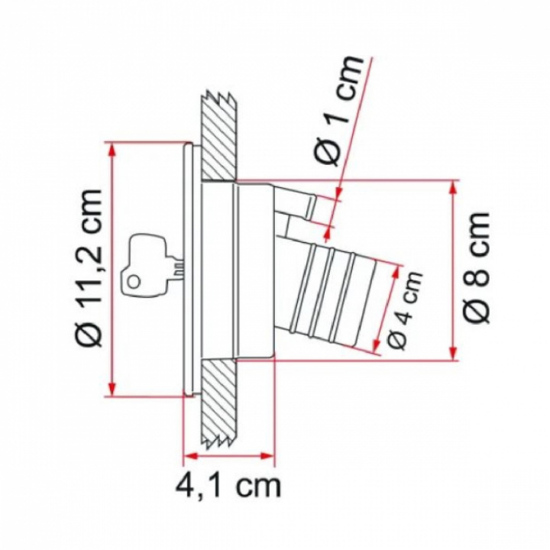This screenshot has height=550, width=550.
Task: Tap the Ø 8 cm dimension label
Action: click(x=477, y=267)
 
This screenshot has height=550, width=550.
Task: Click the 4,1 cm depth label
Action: click(x=228, y=485)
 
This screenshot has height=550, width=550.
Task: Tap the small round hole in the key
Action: click(x=134, y=281)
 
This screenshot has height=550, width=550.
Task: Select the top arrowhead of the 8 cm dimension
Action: click(x=453, y=189)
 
